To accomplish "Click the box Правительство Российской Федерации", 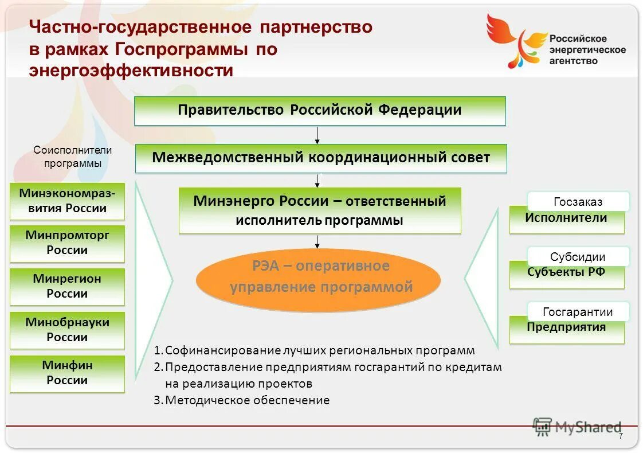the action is (x=320, y=111).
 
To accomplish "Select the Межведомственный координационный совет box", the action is (x=321, y=158).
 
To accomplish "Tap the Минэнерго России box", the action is (x=320, y=210).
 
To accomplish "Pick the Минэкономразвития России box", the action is (x=67, y=201).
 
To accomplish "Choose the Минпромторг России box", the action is (x=67, y=244).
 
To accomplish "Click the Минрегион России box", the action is (x=67, y=287).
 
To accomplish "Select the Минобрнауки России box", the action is (x=67, y=330).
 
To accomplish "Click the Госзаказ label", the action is (x=578, y=202).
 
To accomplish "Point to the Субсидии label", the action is (x=578, y=257).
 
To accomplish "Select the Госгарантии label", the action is (x=578, y=312).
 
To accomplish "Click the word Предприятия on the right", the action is (x=566, y=328).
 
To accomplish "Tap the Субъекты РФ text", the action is (x=566, y=273).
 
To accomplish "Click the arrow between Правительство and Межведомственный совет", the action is (x=317, y=135).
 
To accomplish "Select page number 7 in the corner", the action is (x=621, y=437).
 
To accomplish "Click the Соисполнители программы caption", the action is (x=72, y=157).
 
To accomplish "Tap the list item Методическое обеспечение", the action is (x=247, y=400).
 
